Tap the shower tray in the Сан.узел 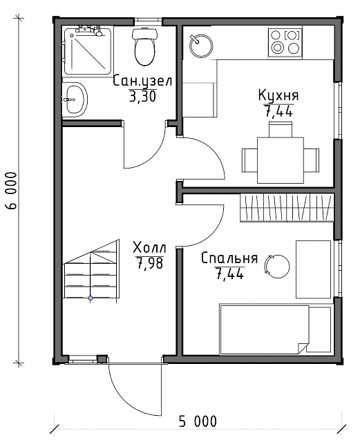click(87, 50)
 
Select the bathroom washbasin click(75, 99)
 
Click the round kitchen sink click(201, 46)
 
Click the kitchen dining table click(281, 160)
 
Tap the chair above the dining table click(280, 129)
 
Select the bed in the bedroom click(275, 329)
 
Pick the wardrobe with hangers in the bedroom click(287, 208)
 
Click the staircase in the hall click(91, 271)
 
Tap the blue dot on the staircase click(91, 298)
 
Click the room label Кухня click(278, 95)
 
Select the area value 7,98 click(150, 264)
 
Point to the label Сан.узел click(142, 81)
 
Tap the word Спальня click(229, 258)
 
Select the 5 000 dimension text click(198, 422)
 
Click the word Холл click(149, 248)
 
